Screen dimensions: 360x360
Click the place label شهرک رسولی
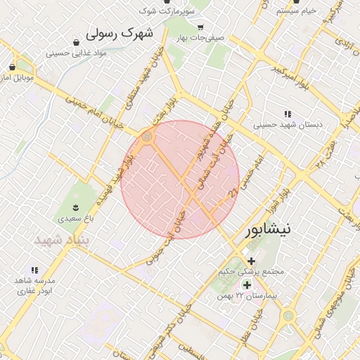(119, 33)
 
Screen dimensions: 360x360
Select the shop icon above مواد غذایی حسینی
(76, 42)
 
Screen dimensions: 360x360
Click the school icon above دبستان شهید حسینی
(288, 114)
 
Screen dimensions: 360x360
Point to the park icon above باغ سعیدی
(75, 207)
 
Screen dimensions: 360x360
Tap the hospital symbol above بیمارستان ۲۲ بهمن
(247, 285)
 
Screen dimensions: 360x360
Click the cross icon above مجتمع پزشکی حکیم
(251, 261)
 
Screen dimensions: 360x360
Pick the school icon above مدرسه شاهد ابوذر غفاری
(34, 270)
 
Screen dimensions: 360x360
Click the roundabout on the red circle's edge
(147, 136)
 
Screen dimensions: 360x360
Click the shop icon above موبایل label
(13, 67)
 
